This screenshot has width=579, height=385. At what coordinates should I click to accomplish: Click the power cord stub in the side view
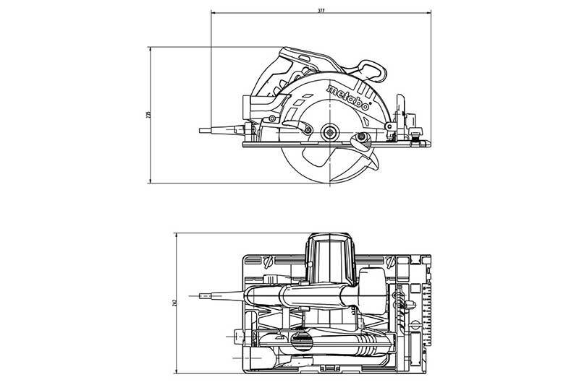tap(217, 130)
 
